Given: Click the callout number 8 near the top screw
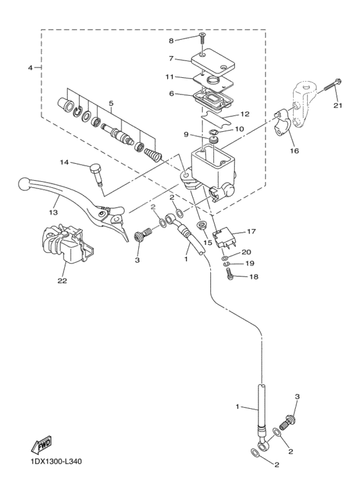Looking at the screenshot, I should coord(172,41).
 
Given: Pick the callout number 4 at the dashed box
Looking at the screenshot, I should coord(30,68).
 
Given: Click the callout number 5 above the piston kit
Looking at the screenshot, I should coord(111,103).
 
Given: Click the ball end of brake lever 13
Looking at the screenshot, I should coord(24,185).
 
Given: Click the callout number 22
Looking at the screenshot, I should coord(62,280).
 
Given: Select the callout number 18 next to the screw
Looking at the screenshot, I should coord(255,276).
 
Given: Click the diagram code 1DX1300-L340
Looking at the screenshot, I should coord(55,462).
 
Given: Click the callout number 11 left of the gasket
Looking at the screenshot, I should coord(170,77).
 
